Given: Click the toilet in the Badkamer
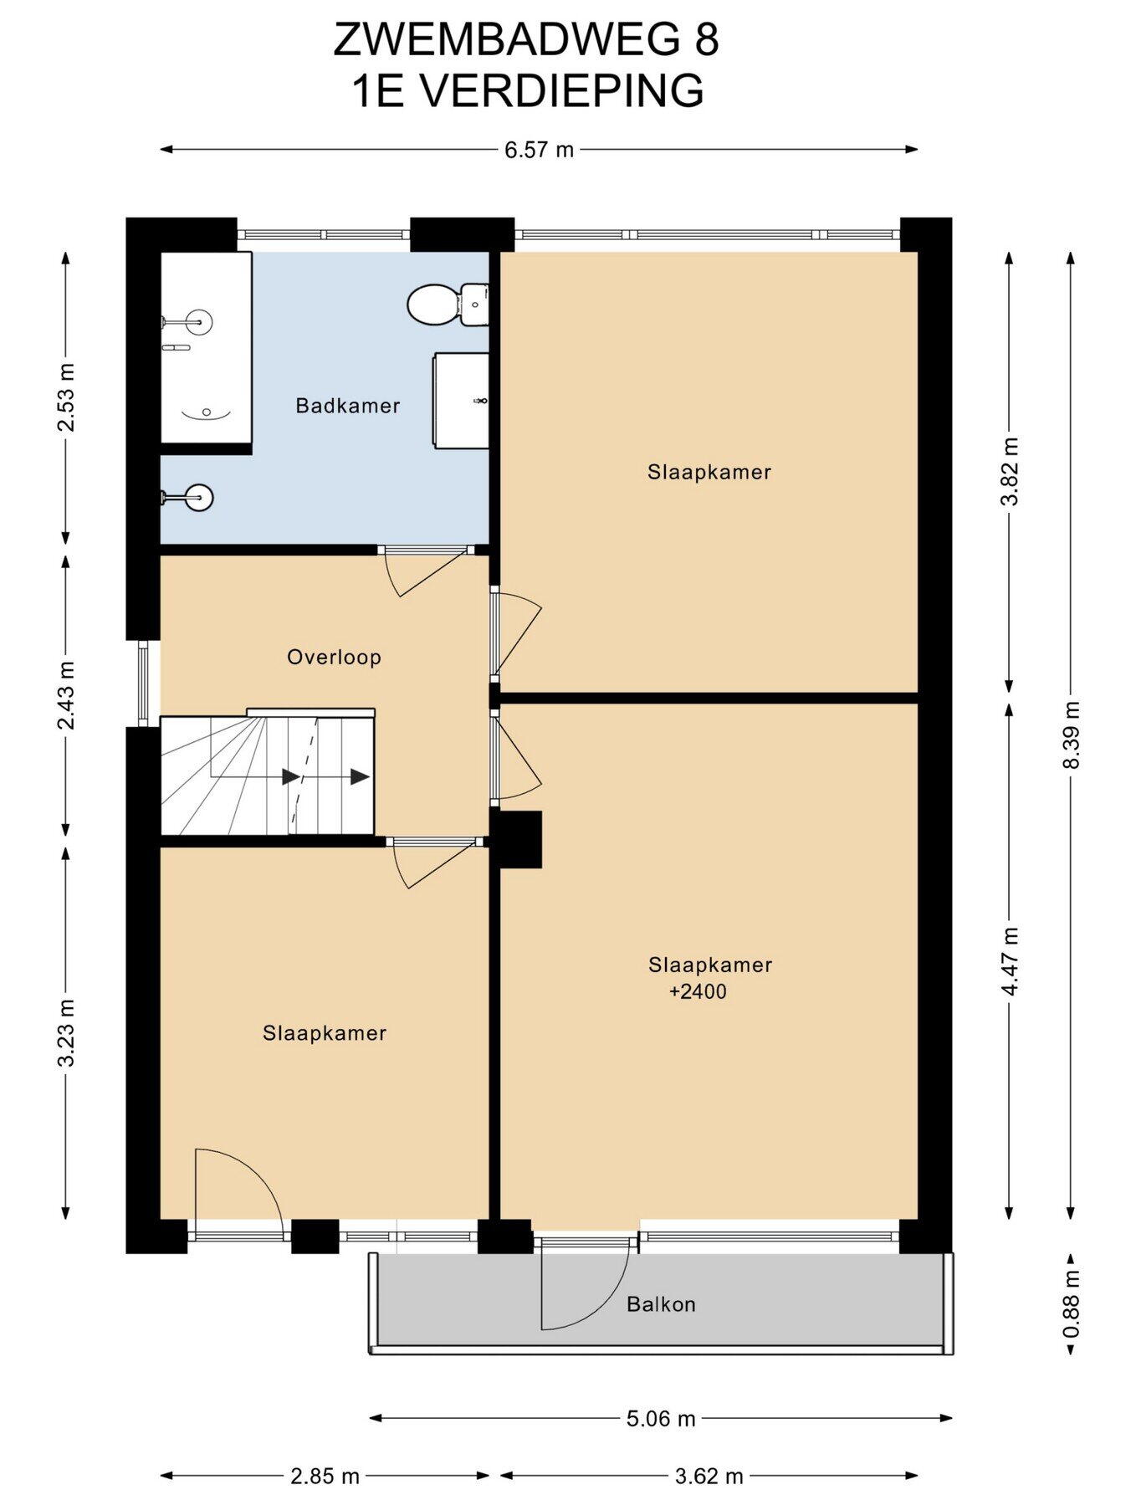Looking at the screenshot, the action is (448, 305).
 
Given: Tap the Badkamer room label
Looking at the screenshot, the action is (348, 406).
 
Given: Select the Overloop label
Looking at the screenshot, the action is (334, 658).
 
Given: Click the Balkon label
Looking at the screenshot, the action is (661, 1304).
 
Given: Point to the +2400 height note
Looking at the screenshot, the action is (698, 992).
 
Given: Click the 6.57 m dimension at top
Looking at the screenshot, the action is (539, 150).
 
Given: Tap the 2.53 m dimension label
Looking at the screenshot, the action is (66, 397).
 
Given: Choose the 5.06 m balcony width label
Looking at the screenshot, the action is (661, 1419).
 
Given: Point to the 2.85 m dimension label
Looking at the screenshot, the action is (325, 1477).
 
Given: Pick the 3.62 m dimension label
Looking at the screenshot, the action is (709, 1477).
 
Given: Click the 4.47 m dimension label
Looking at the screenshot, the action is (1011, 961).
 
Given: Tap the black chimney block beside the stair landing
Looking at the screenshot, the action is (516, 839).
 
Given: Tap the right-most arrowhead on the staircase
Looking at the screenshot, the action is (361, 777).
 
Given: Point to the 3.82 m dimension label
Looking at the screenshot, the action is (1011, 472).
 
